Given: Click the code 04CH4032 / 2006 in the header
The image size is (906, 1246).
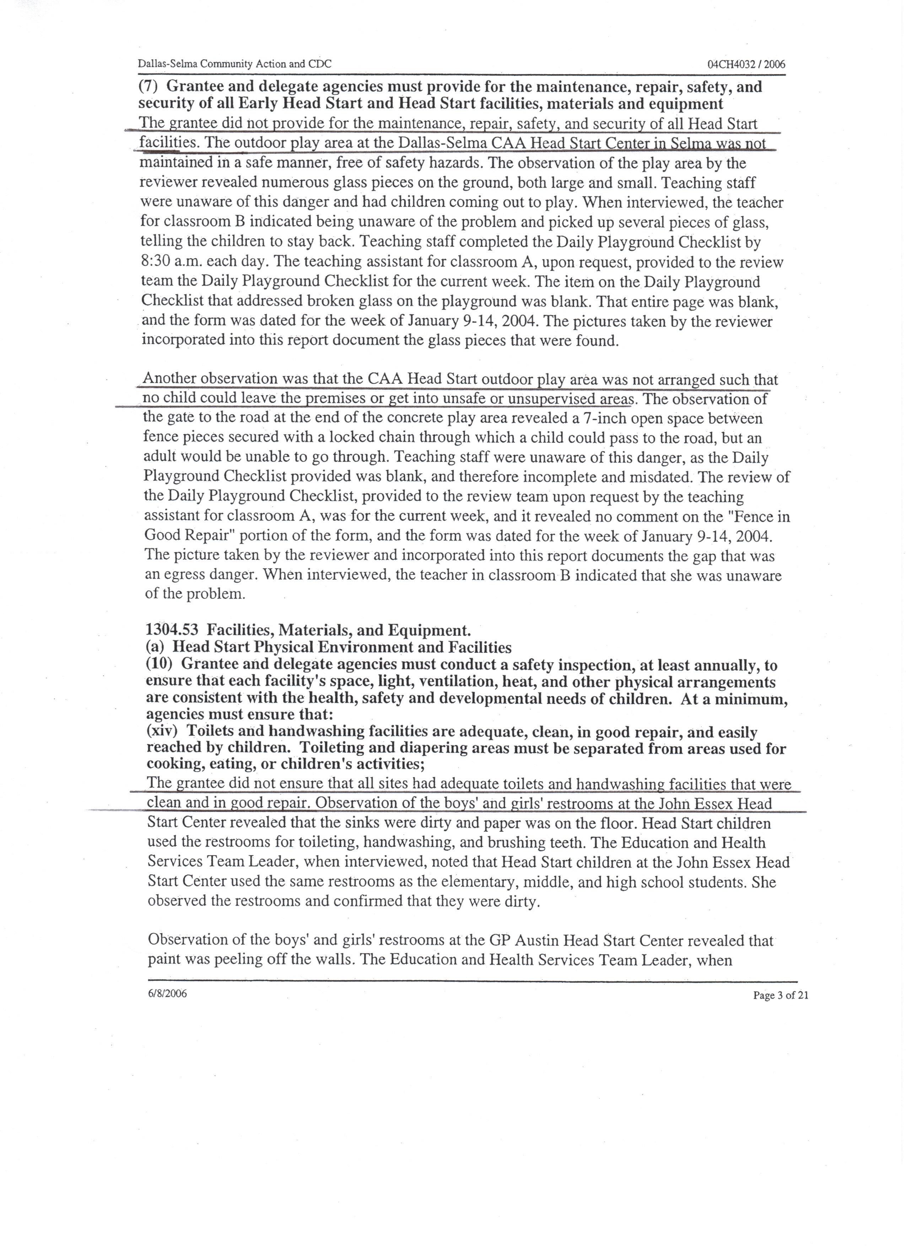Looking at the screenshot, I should (x=746, y=64).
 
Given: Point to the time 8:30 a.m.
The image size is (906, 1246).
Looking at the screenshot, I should (x=171, y=262).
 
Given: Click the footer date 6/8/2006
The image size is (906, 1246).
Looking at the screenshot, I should (x=167, y=993).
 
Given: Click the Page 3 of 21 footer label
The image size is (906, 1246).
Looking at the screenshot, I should (x=780, y=995).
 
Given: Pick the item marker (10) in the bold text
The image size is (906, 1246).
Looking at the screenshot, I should (x=160, y=664).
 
